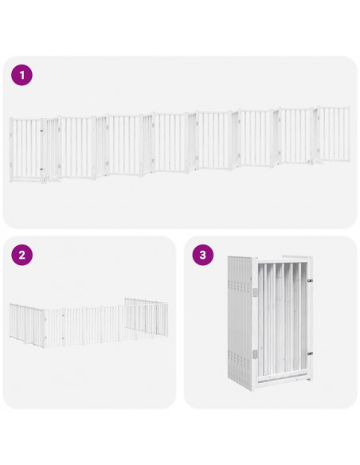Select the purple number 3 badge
point(203,256)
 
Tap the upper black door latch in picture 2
point(63,316)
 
